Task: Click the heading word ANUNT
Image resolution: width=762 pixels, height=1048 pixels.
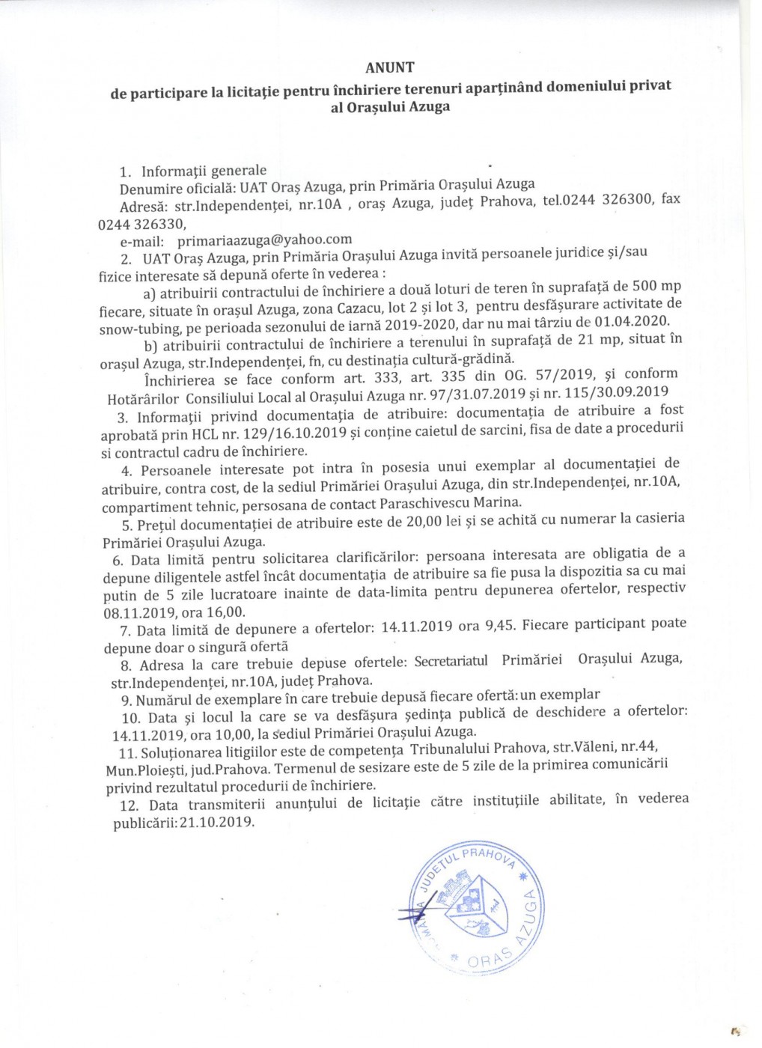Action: (389, 67)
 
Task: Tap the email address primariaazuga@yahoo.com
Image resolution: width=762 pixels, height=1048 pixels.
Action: (264, 240)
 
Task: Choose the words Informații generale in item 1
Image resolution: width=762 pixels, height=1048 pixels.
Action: (204, 171)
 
